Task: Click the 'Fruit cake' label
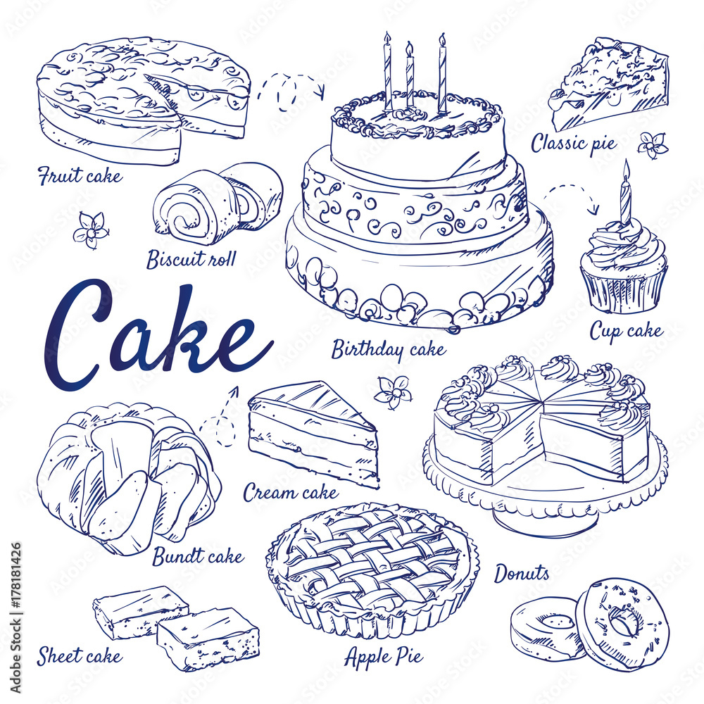coord(80,175)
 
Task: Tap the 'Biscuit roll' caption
coord(191,259)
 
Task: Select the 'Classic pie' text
coord(573,143)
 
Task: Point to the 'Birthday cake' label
coord(389,349)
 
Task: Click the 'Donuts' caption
coord(521,574)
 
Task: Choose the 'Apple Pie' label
coord(384,656)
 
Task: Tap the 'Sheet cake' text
coord(79,656)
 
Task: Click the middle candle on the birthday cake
coord(410,76)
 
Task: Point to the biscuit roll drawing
coord(218,203)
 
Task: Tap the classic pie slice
coord(609,84)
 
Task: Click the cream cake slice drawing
coord(313,432)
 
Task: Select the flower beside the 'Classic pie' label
coord(653,145)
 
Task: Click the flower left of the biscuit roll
coord(91,230)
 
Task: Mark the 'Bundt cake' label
coord(198,557)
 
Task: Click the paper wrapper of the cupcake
coord(624,287)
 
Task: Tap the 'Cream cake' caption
coord(290,493)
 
